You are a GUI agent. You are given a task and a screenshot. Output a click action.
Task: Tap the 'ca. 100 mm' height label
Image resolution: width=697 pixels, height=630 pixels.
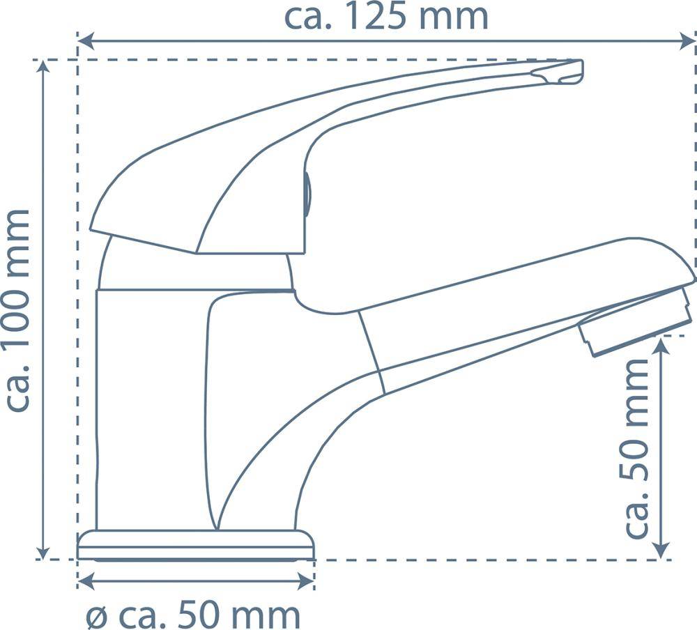click(19, 309)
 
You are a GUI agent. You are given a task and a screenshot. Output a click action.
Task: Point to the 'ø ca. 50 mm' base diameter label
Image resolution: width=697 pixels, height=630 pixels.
click(193, 615)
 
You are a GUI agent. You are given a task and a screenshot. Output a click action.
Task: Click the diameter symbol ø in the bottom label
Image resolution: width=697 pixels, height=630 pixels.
click(96, 616)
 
